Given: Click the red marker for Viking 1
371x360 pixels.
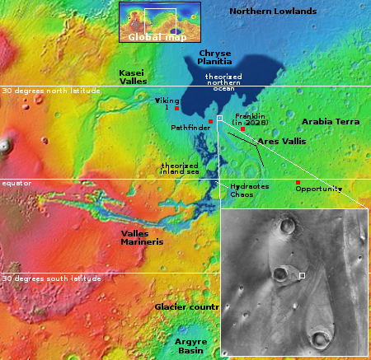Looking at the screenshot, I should tap(176, 109).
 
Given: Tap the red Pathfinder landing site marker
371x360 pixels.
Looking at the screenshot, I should tap(210, 122).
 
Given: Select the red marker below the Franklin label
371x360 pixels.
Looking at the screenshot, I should tap(242, 129).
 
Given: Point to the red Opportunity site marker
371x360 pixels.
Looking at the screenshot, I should tap(298, 182).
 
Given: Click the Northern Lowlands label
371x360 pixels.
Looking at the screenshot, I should tap(272, 11).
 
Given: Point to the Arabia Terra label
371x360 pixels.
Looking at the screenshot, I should tap(331, 121).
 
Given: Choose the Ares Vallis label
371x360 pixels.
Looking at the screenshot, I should tap(282, 142).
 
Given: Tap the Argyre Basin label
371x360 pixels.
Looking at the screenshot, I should tap(190, 344).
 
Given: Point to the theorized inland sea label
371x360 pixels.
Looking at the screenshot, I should tap(178, 170).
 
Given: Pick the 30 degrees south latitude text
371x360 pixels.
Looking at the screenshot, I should tap(51, 278).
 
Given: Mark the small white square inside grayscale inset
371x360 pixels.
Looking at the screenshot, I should tap(303, 275).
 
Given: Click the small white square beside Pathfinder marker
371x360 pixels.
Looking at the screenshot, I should tap(219, 119).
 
